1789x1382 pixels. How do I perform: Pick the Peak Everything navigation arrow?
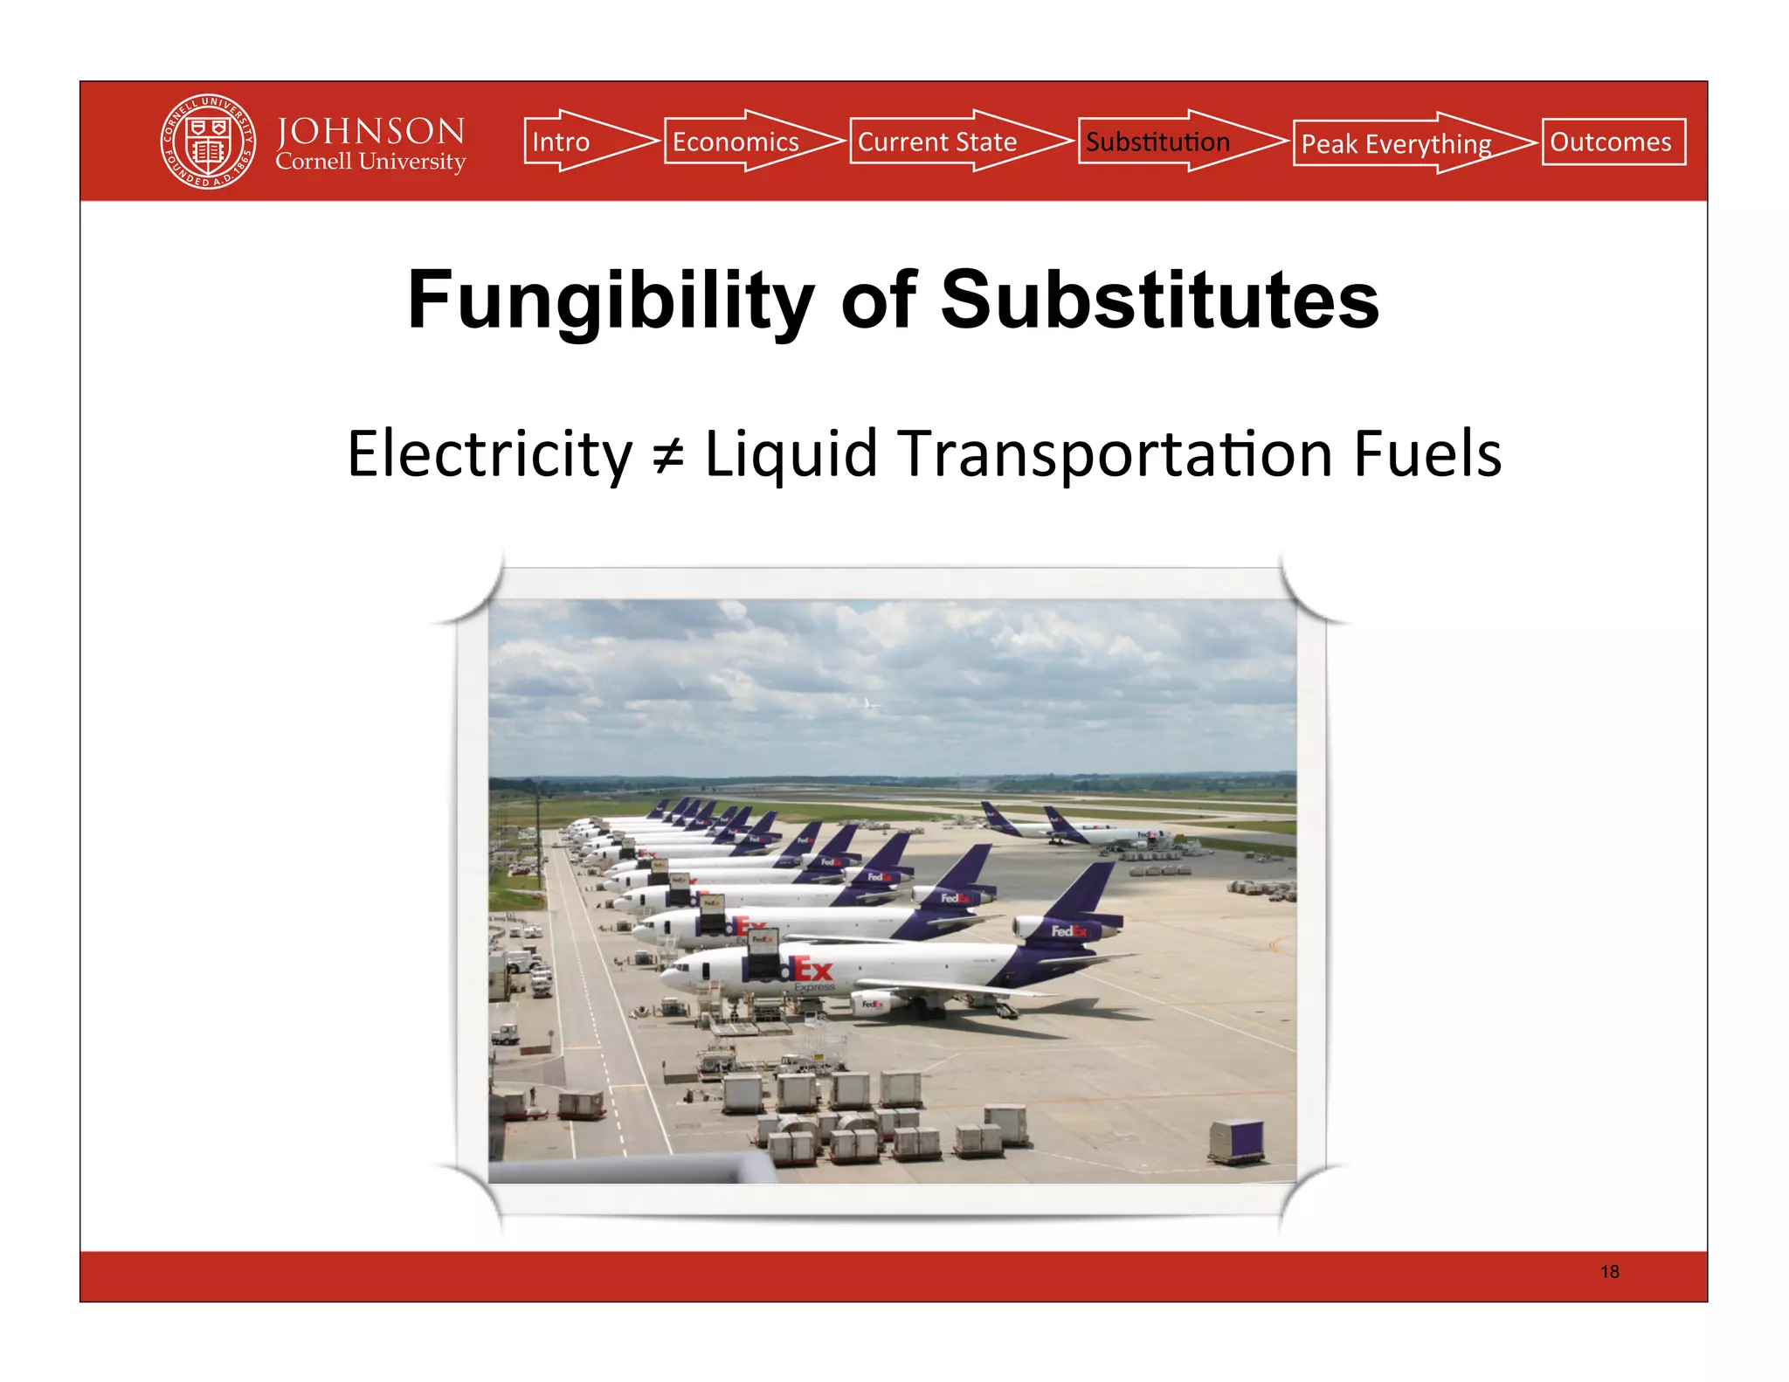[1402, 143]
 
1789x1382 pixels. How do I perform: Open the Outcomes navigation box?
[1613, 142]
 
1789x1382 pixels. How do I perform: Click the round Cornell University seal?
[209, 142]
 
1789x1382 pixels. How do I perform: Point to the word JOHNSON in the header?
[370, 131]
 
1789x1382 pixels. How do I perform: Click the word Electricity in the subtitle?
[489, 454]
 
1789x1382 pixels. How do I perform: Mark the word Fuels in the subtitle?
[1427, 454]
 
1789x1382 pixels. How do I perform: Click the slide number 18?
[1609, 1272]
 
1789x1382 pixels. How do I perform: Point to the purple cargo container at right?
[1236, 1141]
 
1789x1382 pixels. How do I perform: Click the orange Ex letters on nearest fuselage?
[812, 970]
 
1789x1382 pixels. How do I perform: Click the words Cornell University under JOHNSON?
[370, 162]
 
